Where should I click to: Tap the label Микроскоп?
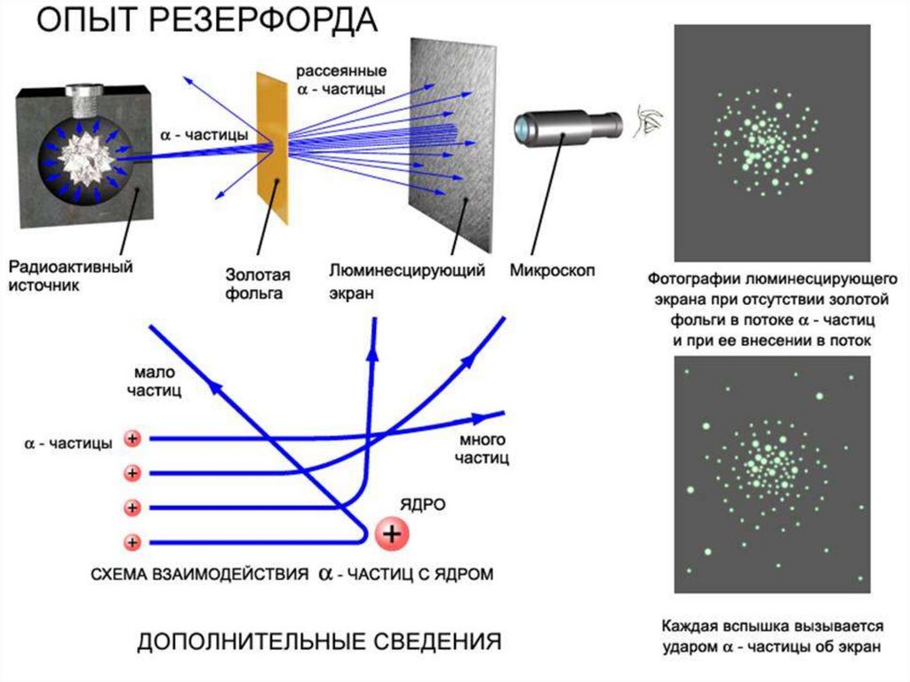pos(553,269)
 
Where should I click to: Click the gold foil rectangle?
pos(274,147)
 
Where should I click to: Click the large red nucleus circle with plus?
pos(392,534)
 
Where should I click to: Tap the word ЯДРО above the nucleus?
pos(427,504)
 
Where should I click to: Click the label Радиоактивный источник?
pos(71,276)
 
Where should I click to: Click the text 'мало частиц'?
pos(158,381)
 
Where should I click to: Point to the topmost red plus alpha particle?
pos(132,438)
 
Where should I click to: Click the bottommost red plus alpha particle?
pos(132,542)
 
